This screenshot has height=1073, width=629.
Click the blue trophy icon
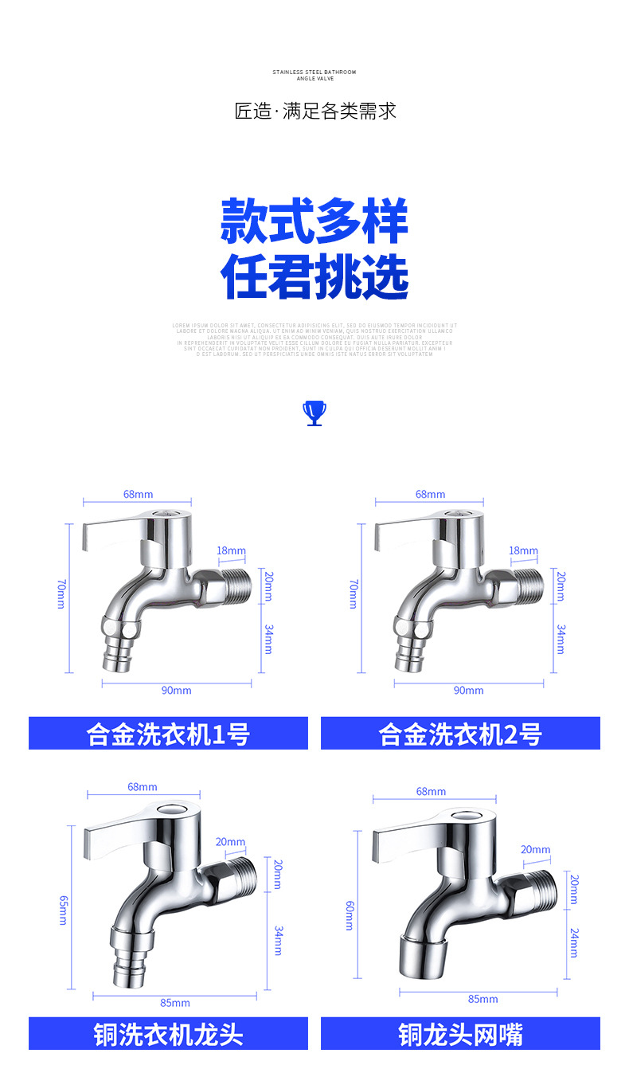314,413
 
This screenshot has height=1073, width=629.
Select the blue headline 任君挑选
314,277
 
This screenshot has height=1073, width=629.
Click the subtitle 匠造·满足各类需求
315,111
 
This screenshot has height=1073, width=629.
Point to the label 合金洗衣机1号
168,734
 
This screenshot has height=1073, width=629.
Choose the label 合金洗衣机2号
460,734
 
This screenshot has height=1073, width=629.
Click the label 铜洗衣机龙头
168,1034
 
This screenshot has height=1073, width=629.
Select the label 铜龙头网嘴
460,1034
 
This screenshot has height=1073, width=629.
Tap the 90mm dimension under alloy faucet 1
176,691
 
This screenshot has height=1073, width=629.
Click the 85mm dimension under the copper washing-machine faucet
174,1003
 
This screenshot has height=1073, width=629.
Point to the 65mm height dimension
63,910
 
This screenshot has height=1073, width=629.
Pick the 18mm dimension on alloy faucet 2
523,550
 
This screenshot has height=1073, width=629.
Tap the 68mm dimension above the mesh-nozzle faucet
431,792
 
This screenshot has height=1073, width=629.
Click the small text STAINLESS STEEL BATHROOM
314,72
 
